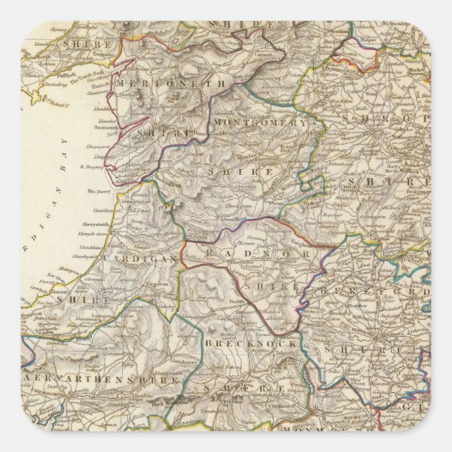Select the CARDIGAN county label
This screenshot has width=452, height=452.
click(x=140, y=258)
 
